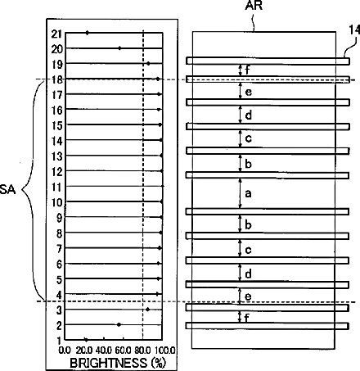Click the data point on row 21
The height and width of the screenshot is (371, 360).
click(87, 33)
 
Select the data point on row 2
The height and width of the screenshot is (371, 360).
click(119, 324)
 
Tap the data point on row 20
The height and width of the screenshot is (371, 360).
click(119, 48)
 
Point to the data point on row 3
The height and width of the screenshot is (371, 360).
click(148, 310)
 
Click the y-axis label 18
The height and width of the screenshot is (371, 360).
click(57, 79)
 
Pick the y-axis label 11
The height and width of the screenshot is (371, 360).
click(57, 188)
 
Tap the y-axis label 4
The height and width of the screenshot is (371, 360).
click(59, 295)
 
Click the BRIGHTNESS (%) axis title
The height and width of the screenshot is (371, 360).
click(118, 363)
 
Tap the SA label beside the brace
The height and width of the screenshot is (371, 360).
click(7, 189)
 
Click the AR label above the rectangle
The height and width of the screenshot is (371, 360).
click(254, 6)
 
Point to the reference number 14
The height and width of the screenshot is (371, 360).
click(355, 30)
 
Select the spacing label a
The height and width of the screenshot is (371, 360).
click(248, 193)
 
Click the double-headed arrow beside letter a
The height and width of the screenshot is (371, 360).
click(240, 193)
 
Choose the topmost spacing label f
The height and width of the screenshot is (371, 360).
click(247, 70)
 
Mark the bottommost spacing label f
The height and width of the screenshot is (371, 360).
click(247, 318)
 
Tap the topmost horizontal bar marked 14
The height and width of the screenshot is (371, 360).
click(268, 61)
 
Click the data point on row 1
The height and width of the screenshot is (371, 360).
click(86, 340)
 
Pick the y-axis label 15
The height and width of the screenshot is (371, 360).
click(57, 125)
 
